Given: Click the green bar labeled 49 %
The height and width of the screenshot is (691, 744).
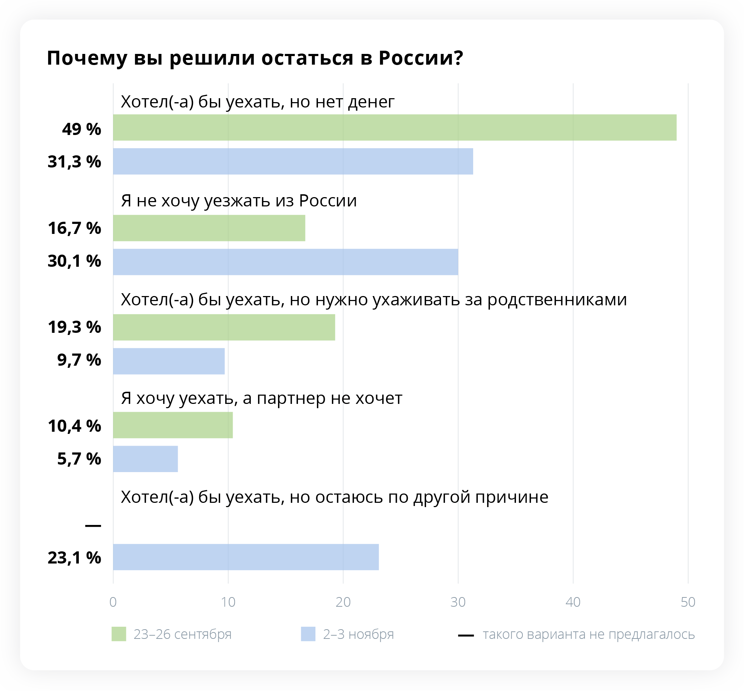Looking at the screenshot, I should click(x=395, y=127).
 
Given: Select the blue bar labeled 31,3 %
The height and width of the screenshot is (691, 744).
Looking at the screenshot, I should click(x=293, y=161).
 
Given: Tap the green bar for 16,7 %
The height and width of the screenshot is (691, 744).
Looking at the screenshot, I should click(x=209, y=228).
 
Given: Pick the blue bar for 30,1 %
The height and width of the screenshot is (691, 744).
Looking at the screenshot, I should click(x=285, y=262).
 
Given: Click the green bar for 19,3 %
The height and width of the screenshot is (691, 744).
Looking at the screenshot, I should click(x=224, y=327).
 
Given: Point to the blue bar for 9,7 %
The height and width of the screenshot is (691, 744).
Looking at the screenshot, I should click(x=169, y=361).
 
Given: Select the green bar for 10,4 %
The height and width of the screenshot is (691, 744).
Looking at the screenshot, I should click(x=173, y=425).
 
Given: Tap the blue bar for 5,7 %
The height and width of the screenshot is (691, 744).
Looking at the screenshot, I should click(x=145, y=459).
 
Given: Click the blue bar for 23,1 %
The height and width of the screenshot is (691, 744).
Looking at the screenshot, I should click(x=246, y=557).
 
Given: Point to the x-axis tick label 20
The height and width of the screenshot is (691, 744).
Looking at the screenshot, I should click(x=343, y=602).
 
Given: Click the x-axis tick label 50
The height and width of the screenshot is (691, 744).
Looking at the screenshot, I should click(x=688, y=602).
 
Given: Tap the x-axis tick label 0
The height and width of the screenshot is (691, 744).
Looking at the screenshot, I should click(x=113, y=602).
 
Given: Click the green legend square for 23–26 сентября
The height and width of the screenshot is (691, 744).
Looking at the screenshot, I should click(x=119, y=634).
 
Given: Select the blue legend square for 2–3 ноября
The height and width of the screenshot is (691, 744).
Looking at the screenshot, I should click(x=308, y=634).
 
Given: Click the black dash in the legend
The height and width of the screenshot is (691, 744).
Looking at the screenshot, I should click(x=466, y=635).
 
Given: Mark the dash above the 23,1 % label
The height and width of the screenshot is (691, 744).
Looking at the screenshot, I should click(x=93, y=526).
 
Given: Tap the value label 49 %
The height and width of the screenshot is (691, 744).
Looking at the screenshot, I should click(x=81, y=129).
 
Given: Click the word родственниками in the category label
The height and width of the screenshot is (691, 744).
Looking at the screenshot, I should click(x=557, y=300).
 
